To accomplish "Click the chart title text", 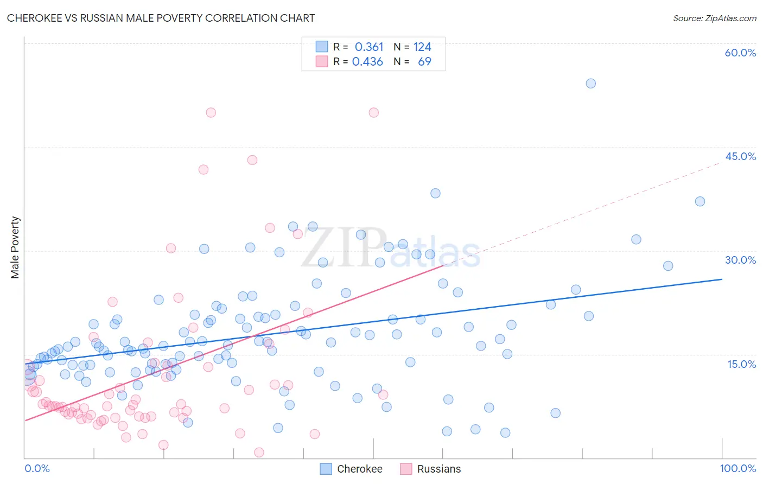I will click(161, 18).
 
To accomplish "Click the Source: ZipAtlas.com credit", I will click(714, 18).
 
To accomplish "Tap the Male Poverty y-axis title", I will click(15, 247).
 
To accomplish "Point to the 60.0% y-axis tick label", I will click(740, 53).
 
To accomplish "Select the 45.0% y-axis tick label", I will click(740, 156).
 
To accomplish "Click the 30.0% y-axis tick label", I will click(740, 260).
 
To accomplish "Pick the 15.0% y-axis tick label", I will click(741, 364).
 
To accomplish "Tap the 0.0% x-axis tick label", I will click(37, 468).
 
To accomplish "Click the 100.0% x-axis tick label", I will click(737, 468).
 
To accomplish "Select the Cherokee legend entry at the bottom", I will click(351, 469).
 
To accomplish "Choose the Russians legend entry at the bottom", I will click(430, 469).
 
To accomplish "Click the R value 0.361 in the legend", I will click(369, 47).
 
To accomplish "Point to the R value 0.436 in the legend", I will click(367, 62).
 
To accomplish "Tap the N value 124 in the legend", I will click(422, 47).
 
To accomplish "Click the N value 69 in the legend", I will click(424, 62).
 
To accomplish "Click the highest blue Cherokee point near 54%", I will click(590, 84).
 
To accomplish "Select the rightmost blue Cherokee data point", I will click(700, 201).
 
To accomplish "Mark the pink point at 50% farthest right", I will click(373, 113).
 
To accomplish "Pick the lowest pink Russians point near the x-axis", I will click(259, 453).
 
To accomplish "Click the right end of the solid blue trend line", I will click(722, 279).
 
